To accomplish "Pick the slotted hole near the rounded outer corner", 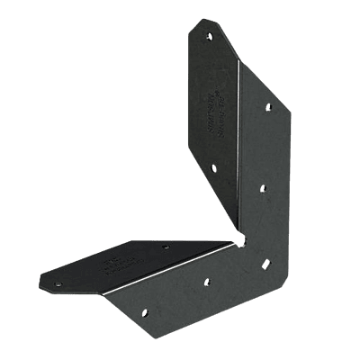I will point(266,265).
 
